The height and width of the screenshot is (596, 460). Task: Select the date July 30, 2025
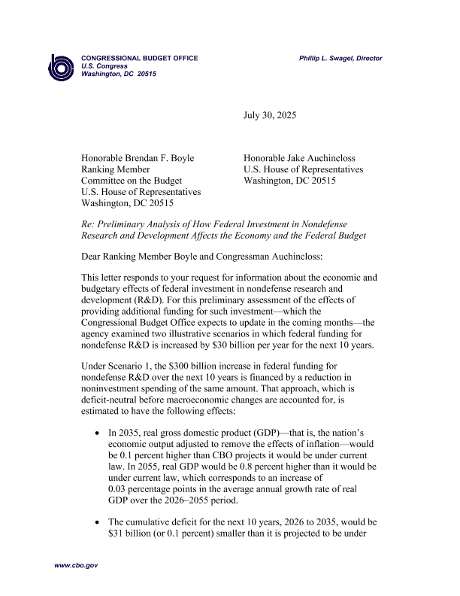pyautogui.click(x=270, y=116)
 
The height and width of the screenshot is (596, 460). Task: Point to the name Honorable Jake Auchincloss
pyautogui.click(x=303, y=158)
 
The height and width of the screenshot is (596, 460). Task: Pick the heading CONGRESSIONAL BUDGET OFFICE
pyautogui.click(x=140, y=58)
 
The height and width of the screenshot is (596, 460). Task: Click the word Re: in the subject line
pyautogui.click(x=88, y=224)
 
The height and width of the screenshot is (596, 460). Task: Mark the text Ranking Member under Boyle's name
pyautogui.click(x=115, y=169)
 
